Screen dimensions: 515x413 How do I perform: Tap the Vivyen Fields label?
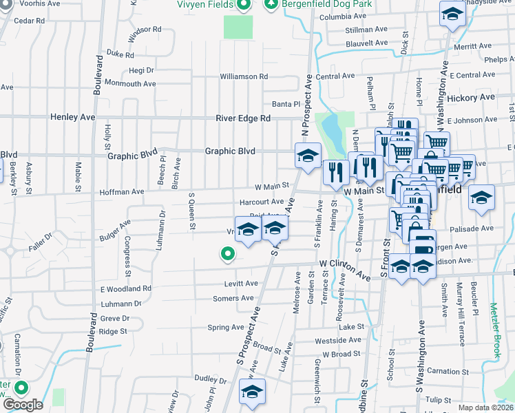point(206,4)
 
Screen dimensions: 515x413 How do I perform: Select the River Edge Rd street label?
point(243,118)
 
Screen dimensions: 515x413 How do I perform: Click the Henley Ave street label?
point(72,118)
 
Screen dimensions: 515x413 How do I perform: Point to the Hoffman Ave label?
point(122,192)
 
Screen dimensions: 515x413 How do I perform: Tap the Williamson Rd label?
point(244,76)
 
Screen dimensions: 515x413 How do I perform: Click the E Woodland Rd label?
point(125,289)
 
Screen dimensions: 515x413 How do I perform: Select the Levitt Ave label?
point(241,284)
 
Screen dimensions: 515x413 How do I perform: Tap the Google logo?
point(23,405)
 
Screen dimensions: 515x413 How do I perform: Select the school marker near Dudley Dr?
point(252,392)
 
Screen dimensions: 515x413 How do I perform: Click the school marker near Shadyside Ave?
point(452,14)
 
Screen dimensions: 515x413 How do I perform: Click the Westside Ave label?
point(337,340)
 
